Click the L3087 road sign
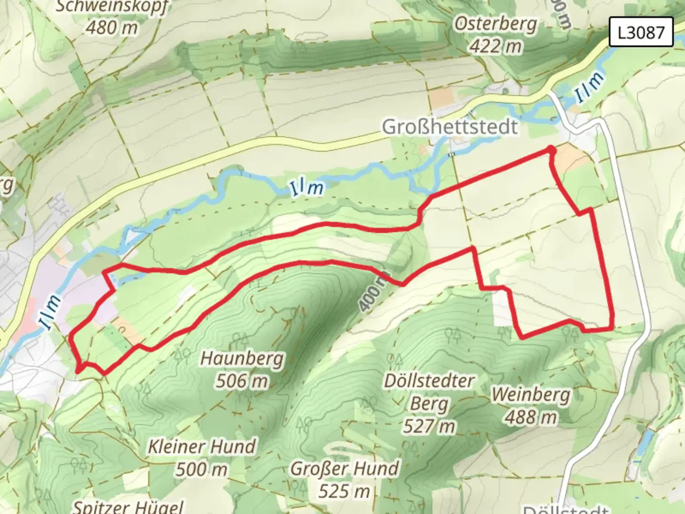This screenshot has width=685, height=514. [x=641, y=32]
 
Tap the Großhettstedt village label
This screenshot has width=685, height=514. [x=450, y=127]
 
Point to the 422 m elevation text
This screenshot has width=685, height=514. [x=495, y=46]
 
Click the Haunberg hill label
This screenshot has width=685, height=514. [x=242, y=358]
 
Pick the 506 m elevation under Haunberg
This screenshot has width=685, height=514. [x=242, y=381]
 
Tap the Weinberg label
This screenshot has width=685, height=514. [x=530, y=395]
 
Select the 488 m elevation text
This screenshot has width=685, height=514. [x=530, y=417]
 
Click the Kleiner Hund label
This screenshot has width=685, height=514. [x=202, y=447]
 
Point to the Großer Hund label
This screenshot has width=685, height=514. [x=344, y=469]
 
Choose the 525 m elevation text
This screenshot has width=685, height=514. [x=344, y=491]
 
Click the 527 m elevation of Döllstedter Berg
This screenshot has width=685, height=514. [x=429, y=426]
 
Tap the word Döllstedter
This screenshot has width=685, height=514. [x=429, y=381]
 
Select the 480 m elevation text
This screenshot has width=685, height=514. [x=112, y=28]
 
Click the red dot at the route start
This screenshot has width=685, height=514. [x=551, y=150]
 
